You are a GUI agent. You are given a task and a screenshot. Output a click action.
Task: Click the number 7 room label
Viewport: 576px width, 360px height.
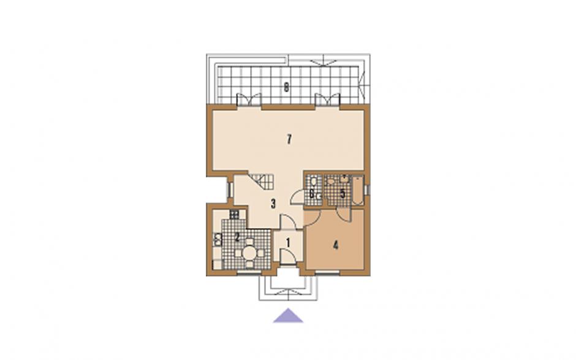pos(289,140)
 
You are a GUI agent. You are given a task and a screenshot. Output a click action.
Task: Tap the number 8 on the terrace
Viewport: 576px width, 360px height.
pos(286,88)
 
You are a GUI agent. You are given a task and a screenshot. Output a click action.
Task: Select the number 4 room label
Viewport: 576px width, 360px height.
pos(335,245)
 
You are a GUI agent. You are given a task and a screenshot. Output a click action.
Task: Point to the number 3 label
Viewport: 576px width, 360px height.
pos(273,204)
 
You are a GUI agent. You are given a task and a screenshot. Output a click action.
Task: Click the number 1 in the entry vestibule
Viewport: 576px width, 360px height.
pos(288,243)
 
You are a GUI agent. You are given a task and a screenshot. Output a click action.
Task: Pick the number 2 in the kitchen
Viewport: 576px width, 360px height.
pos(237,237)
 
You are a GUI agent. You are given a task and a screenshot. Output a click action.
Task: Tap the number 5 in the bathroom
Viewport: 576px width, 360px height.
pos(343,193)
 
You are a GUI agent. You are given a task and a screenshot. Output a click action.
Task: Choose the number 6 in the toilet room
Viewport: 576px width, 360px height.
pos(311,193)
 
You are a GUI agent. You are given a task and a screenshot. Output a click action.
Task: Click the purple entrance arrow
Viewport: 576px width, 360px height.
pos(288,315)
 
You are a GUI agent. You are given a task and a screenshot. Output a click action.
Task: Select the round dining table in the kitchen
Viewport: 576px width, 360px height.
pos(249,253)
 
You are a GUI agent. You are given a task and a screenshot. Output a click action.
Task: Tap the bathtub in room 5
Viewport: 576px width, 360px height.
pos(357,190)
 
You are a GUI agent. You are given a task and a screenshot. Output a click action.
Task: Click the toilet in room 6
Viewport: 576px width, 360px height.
pos(314,182)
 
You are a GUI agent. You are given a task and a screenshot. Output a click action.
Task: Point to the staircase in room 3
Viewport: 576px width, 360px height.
pos(261,181)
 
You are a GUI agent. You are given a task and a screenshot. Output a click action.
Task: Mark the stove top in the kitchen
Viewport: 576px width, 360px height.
pos(234,214)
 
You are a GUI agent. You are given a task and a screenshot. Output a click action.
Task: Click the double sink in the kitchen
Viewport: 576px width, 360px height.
pos(218,239)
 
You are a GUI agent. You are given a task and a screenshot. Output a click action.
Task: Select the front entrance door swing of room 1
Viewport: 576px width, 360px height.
pos(287,256)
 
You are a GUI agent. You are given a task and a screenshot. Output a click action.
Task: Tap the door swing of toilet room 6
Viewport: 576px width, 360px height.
pos(297,196)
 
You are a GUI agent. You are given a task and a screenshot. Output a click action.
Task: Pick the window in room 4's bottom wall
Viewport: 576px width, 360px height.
pos(327,272)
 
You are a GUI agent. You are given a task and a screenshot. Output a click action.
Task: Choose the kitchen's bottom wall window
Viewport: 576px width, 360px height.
pos(249,272)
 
